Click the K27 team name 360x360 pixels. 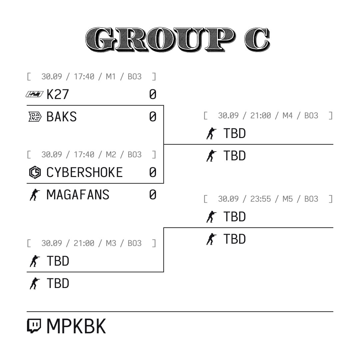[x=58, y=94]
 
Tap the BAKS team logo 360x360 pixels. [x=35, y=117]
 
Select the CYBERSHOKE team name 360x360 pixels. [x=84, y=172]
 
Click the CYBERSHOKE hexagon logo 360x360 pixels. [x=35, y=172]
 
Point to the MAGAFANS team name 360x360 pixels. [x=78, y=195]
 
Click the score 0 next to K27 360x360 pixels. [x=153, y=94]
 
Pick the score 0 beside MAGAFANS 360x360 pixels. [x=153, y=195]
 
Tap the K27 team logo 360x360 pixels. [x=34, y=94]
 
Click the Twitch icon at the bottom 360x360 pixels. [x=34, y=326]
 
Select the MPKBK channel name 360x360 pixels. [x=76, y=326]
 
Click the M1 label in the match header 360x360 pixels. [x=111, y=76]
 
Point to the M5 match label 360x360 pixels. [x=288, y=199]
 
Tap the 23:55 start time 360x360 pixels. [x=261, y=199]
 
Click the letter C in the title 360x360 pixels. [x=257, y=39]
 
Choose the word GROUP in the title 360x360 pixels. [x=160, y=39]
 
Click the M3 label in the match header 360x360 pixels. [x=111, y=243]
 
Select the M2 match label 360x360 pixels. [x=111, y=155]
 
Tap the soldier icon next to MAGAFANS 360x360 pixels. [x=35, y=195]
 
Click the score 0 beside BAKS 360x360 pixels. [x=153, y=117]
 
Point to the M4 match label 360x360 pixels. [x=288, y=115]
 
